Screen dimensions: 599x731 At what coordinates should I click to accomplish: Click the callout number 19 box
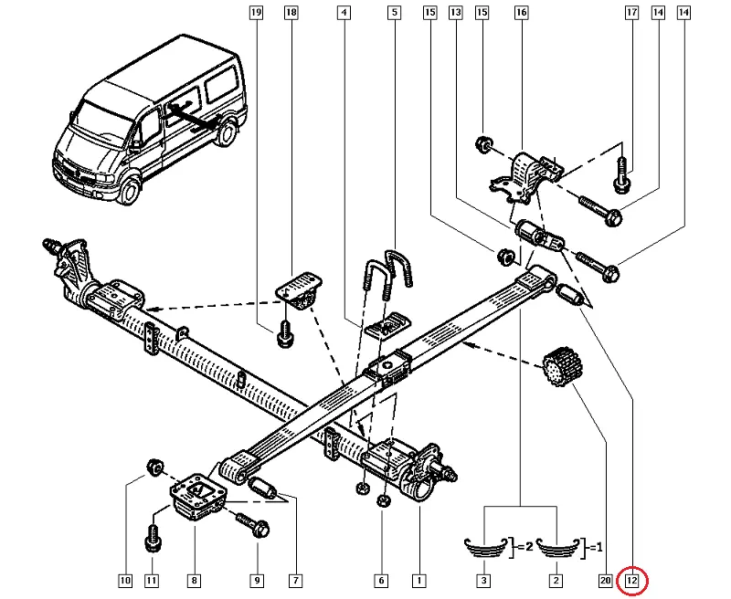(256, 14)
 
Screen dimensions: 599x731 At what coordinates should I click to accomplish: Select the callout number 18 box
(291, 14)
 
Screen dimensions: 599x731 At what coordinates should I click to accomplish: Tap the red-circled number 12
(632, 580)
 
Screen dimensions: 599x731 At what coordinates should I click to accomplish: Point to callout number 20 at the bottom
(604, 580)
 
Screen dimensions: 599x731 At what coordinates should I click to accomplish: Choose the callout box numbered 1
(418, 580)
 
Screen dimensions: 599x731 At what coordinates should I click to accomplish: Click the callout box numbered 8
(194, 580)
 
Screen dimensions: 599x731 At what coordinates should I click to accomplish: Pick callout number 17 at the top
(630, 14)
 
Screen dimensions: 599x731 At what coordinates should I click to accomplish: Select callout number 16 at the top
(520, 14)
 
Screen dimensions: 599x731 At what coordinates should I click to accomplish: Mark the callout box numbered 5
(394, 14)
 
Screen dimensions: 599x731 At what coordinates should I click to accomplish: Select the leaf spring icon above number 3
(484, 547)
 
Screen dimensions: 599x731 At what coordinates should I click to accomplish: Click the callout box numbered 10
(125, 580)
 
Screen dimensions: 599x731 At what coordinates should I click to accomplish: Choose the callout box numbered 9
(257, 580)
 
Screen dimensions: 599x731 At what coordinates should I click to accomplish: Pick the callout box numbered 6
(381, 580)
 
